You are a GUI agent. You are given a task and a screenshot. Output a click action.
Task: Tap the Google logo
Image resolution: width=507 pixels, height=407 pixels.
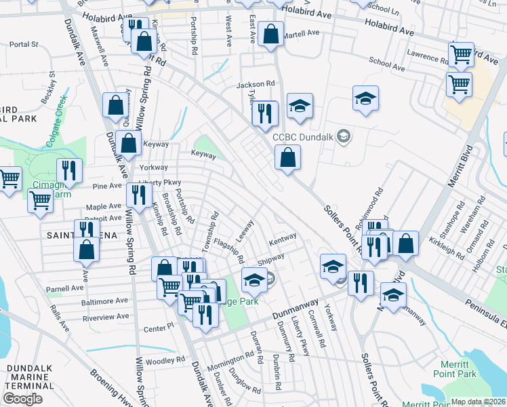click(22, 399)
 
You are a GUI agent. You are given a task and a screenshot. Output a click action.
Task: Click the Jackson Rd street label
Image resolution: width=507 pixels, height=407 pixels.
click(255, 85)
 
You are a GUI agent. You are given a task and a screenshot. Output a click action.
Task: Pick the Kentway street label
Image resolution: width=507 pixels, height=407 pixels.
click(283, 239)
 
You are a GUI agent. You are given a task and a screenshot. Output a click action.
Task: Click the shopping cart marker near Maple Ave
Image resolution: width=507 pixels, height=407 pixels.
click(41, 200)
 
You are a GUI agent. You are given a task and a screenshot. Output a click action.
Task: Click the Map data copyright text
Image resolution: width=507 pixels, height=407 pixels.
click(479, 402)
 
